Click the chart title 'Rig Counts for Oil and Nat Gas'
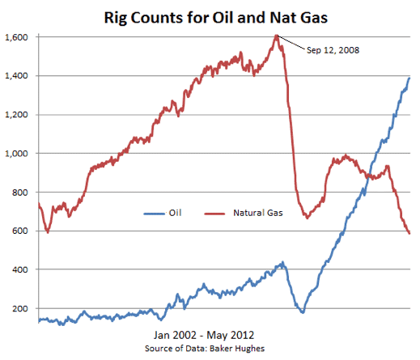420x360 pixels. coord(216,18)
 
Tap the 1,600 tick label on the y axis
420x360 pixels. coord(16,37)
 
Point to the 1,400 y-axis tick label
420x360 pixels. coord(16,76)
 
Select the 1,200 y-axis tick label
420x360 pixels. coord(16,115)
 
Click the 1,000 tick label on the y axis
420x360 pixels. coord(16,154)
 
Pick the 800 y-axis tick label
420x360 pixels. coord(20,193)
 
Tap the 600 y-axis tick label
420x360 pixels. coord(20,231)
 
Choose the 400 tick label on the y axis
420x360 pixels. coord(20,269)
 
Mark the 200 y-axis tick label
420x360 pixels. coord(20,308)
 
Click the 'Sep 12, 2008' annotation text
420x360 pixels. coord(333,50)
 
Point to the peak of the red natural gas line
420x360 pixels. coord(276,35)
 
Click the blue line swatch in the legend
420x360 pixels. coord(154,214)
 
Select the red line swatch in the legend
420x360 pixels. coord(214,214)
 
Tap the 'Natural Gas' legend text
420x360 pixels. coord(258,213)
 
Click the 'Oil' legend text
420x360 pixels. coord(175,213)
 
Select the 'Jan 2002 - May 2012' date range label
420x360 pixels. coord(204,335)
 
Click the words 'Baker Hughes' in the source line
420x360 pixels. coord(237,349)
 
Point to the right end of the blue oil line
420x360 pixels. coord(409,78)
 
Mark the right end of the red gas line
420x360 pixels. coord(409,234)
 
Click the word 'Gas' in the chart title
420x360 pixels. coord(314,18)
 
